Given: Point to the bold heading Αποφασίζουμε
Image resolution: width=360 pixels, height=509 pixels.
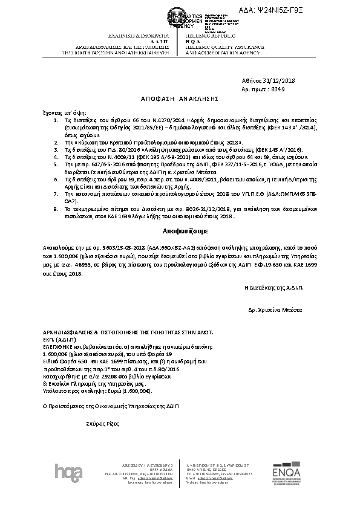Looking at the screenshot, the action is [180, 232].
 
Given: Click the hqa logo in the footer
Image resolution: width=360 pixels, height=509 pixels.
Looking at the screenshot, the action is [66, 471].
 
